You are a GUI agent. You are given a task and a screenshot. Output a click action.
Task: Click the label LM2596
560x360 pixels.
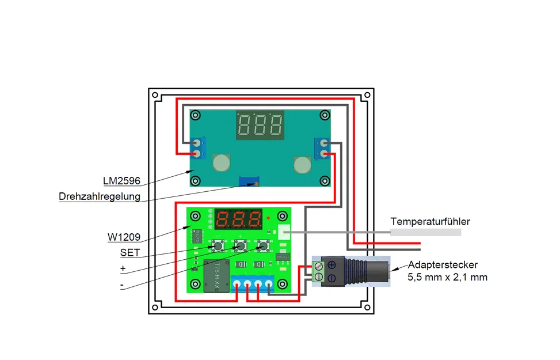tap(121, 181)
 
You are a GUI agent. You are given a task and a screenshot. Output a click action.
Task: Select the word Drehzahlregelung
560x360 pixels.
tap(100, 196)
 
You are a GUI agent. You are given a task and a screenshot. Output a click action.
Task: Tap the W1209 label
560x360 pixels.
tap(124, 237)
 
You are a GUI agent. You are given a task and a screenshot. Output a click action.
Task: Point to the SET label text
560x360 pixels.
tap(130, 253)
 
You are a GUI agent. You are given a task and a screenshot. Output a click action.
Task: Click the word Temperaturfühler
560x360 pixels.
tap(430, 222)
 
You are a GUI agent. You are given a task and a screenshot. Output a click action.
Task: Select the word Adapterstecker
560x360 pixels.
tap(443, 265)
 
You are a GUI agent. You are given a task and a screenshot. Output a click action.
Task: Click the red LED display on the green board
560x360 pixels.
tap(238, 219)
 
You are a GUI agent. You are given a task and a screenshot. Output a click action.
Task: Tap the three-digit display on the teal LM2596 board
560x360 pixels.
tap(260, 125)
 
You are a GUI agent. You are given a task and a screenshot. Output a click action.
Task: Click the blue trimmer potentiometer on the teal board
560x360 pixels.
tap(249, 181)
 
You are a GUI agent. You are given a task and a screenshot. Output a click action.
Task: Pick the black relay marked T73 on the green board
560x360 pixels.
tap(216, 276)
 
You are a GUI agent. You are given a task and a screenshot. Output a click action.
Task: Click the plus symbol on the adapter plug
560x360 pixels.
tap(332, 265)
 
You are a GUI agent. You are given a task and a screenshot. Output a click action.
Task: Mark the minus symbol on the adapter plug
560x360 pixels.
tap(332, 278)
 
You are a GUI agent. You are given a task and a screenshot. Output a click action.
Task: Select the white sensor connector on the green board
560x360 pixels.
tap(284, 232)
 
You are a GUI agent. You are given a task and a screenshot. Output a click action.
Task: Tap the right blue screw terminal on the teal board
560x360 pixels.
tap(322, 149)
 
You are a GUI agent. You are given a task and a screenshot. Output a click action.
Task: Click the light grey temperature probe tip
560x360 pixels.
tap(426, 232)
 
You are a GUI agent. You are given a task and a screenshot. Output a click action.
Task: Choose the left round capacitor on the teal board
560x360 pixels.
tap(222, 163)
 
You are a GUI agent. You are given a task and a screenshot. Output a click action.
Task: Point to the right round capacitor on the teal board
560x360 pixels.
tap(303, 165)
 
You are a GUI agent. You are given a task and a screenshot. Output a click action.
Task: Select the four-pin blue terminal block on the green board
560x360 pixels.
tap(253, 284)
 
